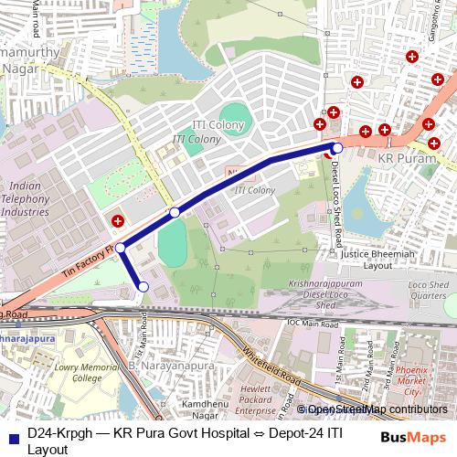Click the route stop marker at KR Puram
[337, 147]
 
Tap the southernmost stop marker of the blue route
[143, 287]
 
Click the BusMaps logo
[413, 437]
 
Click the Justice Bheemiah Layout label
[377, 259]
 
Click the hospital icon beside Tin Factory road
[117, 220]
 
